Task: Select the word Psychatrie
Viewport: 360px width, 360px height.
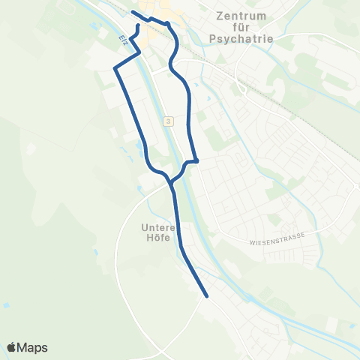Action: [240, 38]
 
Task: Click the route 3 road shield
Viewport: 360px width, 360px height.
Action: [169, 121]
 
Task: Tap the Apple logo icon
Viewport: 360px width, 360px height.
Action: [12, 347]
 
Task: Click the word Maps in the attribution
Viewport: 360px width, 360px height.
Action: [34, 347]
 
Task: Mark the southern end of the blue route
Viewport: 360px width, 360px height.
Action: [206, 297]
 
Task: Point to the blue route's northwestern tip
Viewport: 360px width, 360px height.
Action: [133, 13]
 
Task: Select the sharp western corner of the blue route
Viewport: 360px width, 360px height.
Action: [115, 69]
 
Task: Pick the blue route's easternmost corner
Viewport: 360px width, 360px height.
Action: [196, 160]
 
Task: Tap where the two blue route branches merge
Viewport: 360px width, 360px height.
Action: [172, 183]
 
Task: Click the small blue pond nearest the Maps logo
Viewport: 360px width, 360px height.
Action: [6, 306]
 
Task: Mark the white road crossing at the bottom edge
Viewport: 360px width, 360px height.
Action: [160, 353]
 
